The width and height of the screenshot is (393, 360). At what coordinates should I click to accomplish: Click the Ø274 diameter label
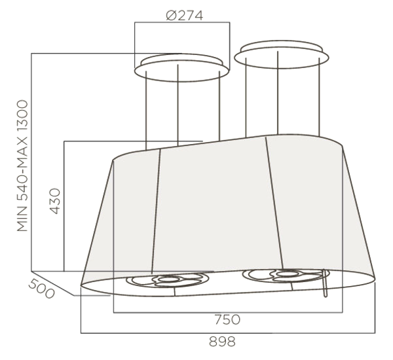click(x=185, y=16)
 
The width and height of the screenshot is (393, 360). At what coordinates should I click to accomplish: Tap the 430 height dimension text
click(x=55, y=201)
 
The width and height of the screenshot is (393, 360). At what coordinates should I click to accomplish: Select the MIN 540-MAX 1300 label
click(x=22, y=166)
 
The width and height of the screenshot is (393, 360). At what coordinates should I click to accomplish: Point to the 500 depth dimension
click(x=41, y=289)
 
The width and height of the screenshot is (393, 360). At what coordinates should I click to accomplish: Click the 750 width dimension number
click(x=227, y=319)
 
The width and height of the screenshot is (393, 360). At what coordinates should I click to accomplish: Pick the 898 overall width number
click(x=222, y=342)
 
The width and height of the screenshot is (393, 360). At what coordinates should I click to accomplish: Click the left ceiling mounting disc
click(x=181, y=67)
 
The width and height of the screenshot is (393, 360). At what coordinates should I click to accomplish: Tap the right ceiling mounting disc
click(x=282, y=54)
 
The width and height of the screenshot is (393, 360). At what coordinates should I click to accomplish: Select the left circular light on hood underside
click(x=168, y=279)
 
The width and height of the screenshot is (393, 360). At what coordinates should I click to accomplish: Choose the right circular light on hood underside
click(x=283, y=275)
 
